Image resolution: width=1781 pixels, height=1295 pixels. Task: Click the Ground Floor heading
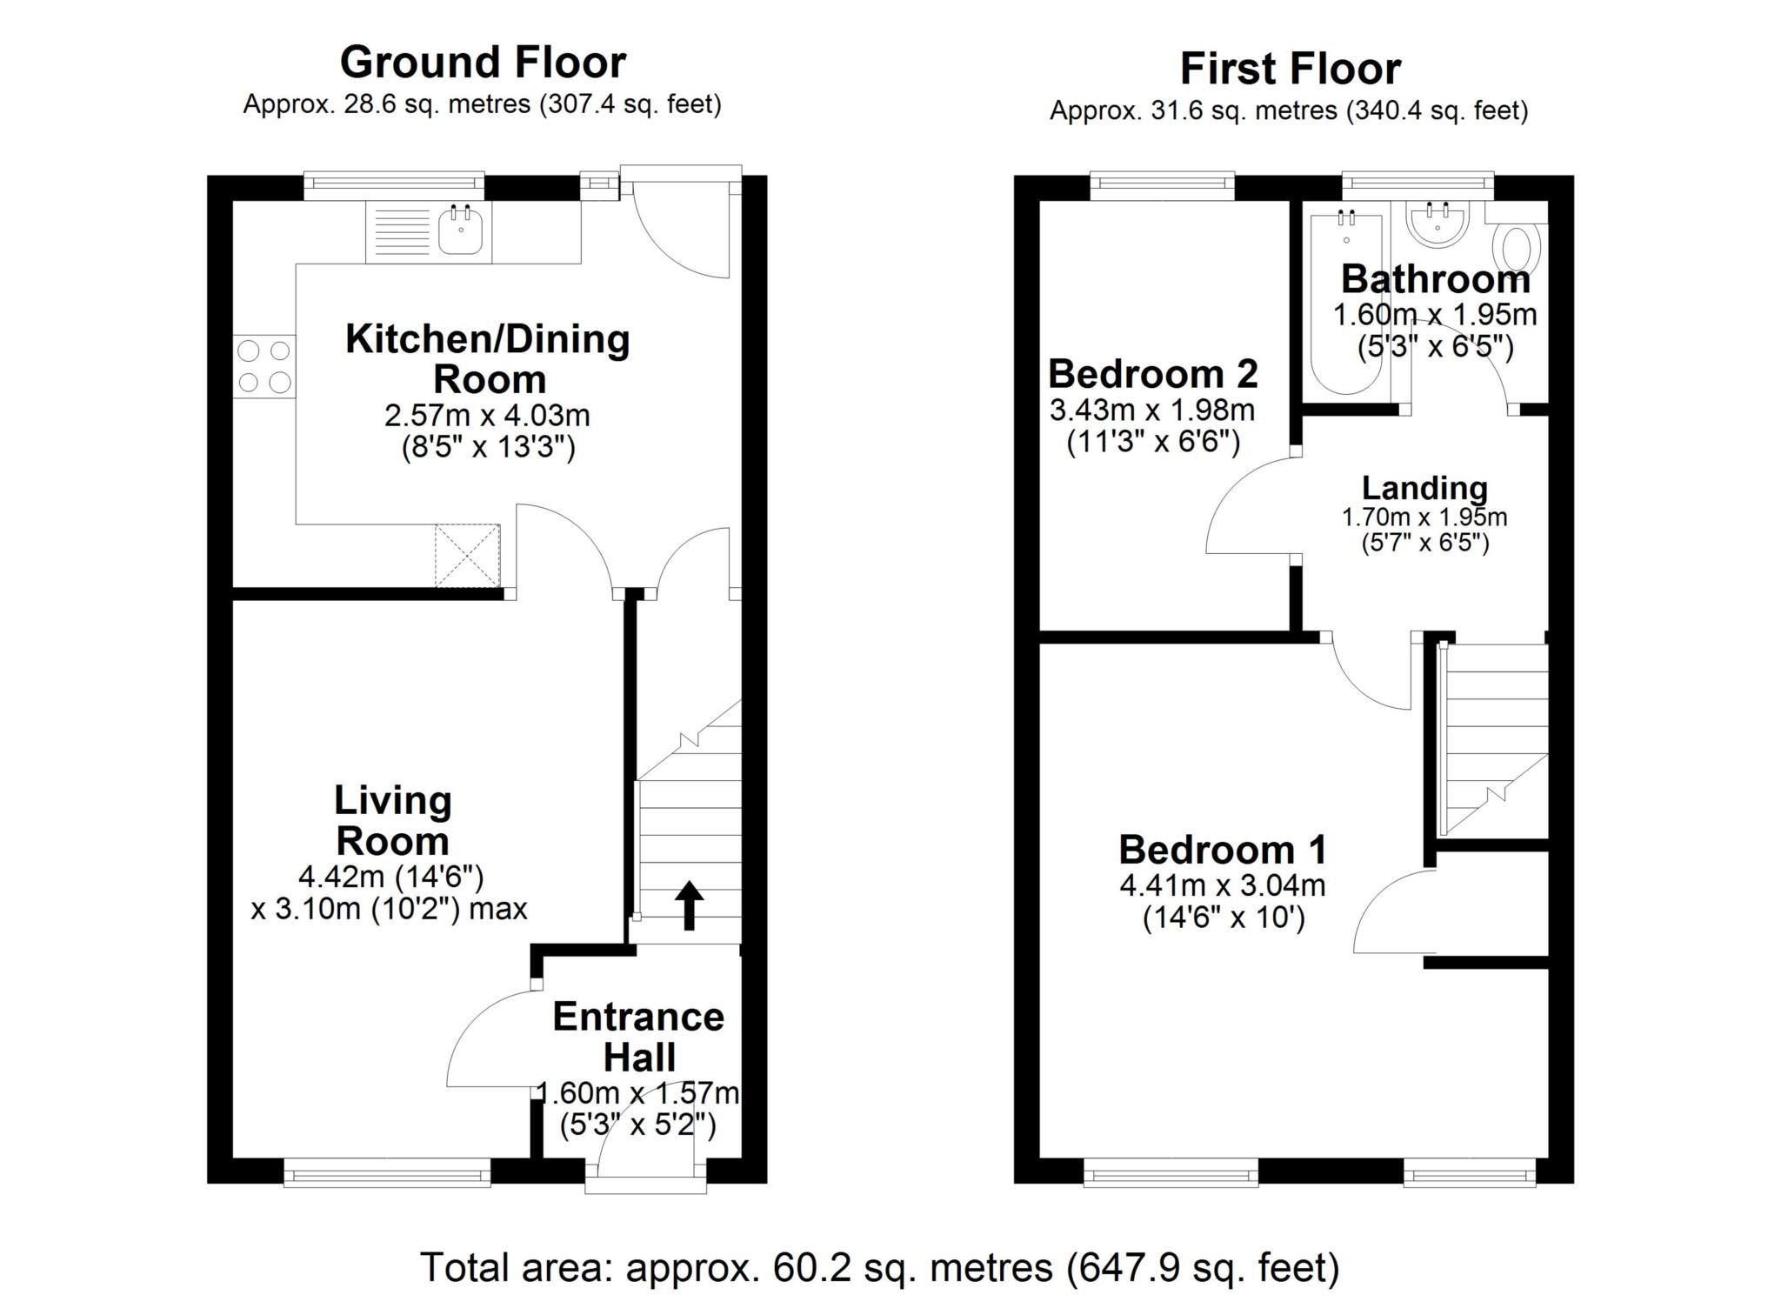coord(483,63)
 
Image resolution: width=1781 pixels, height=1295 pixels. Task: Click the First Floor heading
coord(1290,69)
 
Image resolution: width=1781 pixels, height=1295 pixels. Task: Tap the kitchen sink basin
coord(460,231)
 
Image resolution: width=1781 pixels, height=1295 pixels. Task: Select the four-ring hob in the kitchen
coord(264,366)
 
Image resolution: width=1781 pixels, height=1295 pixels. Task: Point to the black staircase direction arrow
coord(690,905)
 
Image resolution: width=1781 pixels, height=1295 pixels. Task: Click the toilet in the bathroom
coord(1516,248)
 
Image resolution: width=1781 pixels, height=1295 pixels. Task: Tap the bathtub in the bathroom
coord(1346,304)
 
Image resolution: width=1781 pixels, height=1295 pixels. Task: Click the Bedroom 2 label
coord(1152,375)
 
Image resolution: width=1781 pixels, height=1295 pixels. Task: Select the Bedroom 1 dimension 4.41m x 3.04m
coord(1222,886)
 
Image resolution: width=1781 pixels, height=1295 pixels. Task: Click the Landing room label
coord(1424,488)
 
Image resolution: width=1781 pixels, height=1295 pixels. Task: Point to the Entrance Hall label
coord(638,1037)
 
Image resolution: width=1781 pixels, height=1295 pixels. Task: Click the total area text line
coord(879,1267)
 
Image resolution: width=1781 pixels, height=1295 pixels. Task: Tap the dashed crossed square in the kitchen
coord(468,555)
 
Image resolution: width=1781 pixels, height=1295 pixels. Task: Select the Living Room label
coord(392,820)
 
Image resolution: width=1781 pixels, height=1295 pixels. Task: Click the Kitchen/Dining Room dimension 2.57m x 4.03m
coord(487,416)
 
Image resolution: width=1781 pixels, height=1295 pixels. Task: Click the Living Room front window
coord(387,1175)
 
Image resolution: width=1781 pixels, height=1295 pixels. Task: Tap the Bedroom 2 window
coord(1162,183)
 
